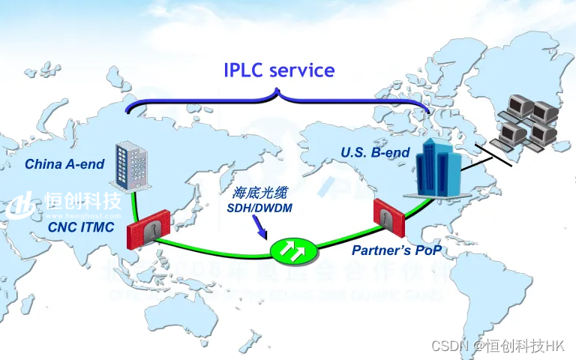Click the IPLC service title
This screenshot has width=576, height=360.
[279, 70]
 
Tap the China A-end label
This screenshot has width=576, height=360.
[64, 163]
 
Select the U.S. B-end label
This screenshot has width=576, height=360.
[375, 152]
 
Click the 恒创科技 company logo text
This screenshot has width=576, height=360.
[82, 200]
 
